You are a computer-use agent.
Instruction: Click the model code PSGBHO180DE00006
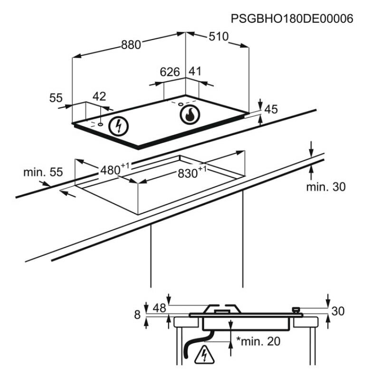click(292, 19)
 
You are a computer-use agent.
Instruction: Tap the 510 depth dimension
click(218, 37)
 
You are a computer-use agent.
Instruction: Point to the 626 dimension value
click(169, 72)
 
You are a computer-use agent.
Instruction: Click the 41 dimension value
click(195, 71)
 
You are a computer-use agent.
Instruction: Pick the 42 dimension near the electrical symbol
click(99, 96)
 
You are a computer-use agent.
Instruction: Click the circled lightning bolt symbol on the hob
click(119, 125)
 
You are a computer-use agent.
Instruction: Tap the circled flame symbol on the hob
click(189, 114)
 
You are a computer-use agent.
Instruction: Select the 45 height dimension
click(271, 110)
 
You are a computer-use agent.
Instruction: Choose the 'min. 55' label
click(43, 172)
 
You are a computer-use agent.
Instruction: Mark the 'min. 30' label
click(326, 187)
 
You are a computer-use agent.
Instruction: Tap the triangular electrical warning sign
click(204, 355)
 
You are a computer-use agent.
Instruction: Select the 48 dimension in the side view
click(159, 308)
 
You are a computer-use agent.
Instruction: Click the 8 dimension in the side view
click(137, 314)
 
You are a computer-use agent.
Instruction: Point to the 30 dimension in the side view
click(338, 311)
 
